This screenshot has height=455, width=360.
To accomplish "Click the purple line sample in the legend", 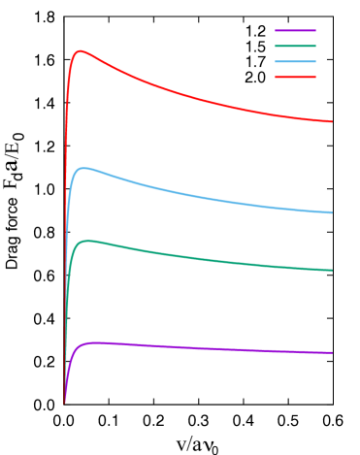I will click(295, 30).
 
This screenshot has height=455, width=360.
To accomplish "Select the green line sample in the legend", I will click(295, 46).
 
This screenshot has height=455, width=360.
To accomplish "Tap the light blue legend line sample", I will click(295, 61).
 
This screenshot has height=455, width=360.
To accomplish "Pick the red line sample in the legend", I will click(295, 77).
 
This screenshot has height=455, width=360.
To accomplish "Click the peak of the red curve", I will click(81, 51).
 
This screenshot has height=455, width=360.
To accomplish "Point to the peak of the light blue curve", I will click(84, 168).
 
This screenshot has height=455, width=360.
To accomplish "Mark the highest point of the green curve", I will click(88, 241).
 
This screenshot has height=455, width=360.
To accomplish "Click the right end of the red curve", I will click(332, 122).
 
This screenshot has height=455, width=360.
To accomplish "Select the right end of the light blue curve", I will click(332, 212).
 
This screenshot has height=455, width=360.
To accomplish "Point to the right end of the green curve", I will click(332, 271).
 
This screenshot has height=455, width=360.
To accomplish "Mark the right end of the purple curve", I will click(332, 353).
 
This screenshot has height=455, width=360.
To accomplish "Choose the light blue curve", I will click(194, 194).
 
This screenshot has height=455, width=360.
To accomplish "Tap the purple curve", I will click(194, 346).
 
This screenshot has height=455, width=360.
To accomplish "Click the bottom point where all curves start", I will click(65, 401).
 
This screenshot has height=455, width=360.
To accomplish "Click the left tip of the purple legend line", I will click(277, 30).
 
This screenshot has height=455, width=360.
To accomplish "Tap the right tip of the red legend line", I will click(314, 77).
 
